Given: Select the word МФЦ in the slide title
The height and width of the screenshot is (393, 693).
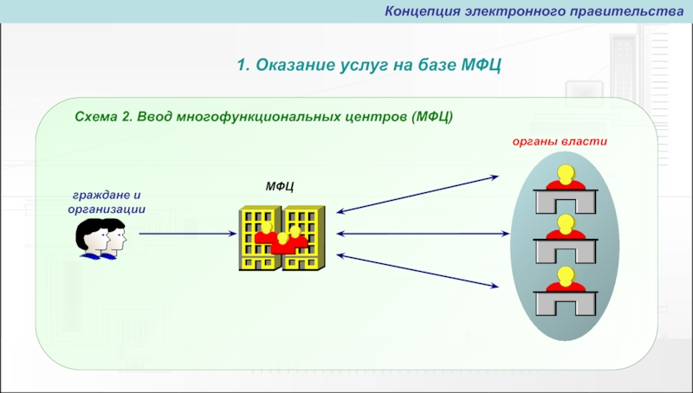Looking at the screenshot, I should [x=481, y=66].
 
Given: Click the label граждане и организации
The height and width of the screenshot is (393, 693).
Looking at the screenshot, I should [x=106, y=202].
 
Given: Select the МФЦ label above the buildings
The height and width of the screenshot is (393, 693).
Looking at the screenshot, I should [x=280, y=186].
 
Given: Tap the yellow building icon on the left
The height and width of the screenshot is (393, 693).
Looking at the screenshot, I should [x=260, y=238].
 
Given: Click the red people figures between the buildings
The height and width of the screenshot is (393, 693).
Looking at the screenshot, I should [x=282, y=240].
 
